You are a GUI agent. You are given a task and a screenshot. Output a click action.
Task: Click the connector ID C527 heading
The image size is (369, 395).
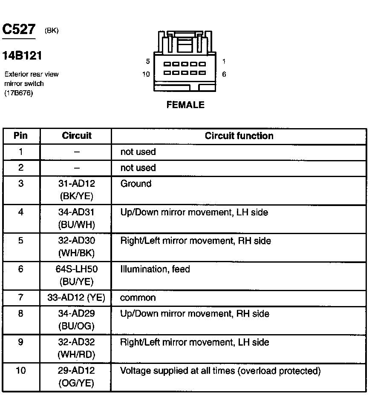19,29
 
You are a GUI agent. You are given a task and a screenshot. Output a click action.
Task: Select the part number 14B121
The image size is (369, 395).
23,56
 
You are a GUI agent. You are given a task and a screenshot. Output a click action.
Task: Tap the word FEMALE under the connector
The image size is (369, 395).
185,105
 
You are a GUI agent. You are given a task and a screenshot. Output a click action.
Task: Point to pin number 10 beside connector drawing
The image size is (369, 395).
146,74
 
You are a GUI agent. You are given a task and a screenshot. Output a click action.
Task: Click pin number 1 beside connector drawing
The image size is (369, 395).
224,61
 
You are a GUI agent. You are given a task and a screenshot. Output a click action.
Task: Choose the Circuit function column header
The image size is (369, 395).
239,136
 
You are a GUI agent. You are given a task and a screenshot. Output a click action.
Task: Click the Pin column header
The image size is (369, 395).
20,136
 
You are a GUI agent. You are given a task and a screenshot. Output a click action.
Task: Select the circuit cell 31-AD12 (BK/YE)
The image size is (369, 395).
76,190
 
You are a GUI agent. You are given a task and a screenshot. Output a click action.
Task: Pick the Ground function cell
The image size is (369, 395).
136,184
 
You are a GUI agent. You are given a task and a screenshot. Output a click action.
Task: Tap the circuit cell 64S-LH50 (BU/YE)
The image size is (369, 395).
76,275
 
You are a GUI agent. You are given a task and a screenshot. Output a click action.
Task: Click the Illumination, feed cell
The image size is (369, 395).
155,269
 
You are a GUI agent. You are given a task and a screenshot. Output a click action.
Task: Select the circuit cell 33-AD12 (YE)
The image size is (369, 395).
76,298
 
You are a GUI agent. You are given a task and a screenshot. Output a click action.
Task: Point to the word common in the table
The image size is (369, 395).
138,298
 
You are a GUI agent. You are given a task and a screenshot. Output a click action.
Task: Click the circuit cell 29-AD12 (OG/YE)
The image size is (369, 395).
76,377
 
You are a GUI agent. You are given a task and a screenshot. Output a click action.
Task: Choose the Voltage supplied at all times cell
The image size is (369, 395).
220,371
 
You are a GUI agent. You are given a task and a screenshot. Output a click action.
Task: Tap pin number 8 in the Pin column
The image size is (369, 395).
20,314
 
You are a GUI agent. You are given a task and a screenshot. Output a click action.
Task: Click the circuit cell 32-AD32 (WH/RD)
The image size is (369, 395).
76,348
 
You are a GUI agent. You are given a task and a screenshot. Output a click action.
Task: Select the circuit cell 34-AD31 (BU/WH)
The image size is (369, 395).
76,218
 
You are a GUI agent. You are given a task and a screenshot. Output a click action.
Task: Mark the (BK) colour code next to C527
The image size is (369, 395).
51,31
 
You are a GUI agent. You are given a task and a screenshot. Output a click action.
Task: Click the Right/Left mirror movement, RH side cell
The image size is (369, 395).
196,241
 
